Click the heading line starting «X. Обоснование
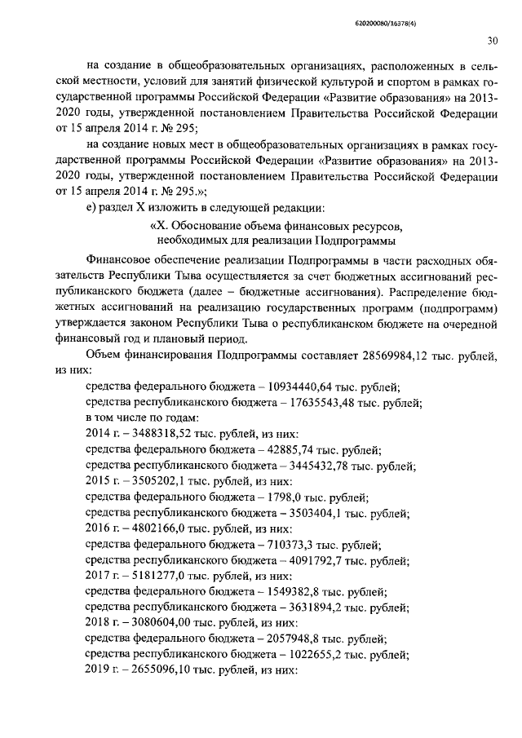(277, 225)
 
